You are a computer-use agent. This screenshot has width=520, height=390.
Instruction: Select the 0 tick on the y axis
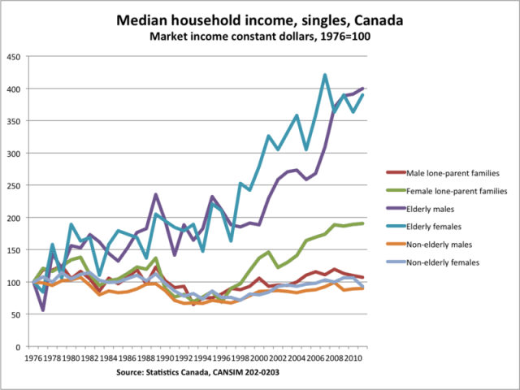tap(19, 347)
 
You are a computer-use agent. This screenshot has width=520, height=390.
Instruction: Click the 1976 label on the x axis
tap(35, 357)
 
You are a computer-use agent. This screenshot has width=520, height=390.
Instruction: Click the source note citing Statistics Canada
tap(193, 373)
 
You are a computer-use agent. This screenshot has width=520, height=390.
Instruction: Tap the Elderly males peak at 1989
tap(155, 195)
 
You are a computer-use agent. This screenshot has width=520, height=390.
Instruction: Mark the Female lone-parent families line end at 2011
tap(362, 223)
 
